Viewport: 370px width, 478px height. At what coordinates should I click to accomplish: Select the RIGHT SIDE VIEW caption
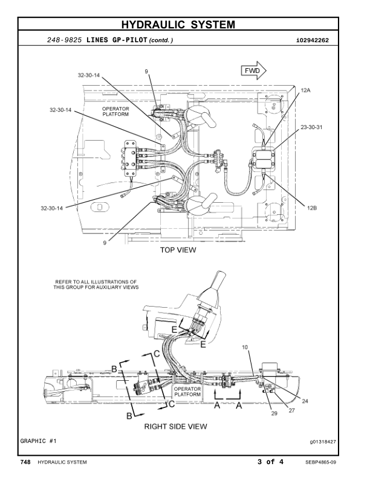175,426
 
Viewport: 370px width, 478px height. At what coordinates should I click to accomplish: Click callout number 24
304,400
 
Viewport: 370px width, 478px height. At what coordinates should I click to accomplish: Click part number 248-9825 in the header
65,40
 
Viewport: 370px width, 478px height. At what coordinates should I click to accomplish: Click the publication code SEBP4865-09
321,462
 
